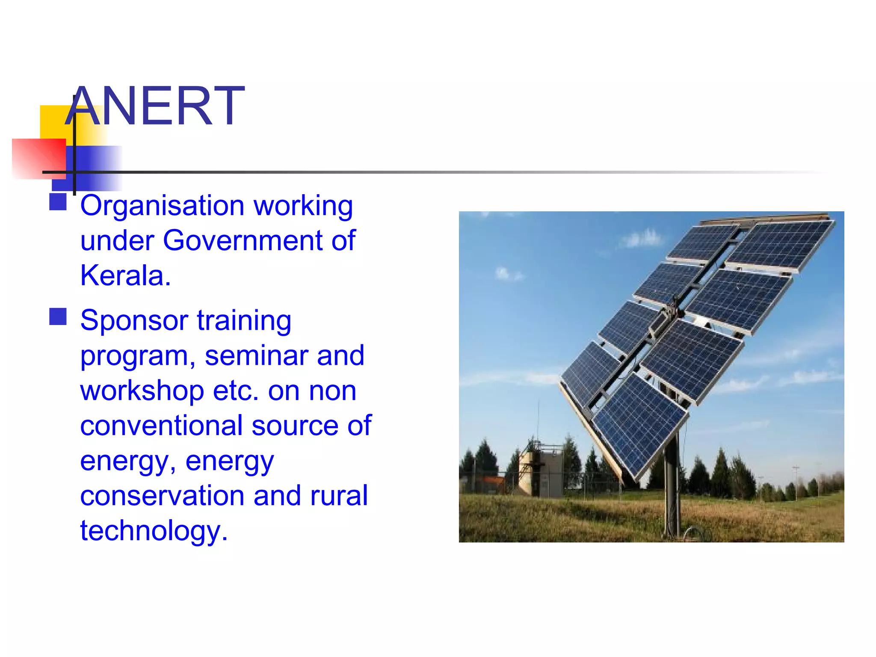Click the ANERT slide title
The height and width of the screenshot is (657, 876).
pos(155,106)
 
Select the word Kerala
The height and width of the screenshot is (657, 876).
pos(125,275)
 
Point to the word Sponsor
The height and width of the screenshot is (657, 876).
pos(134,320)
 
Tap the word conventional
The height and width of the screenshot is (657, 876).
pos(162,426)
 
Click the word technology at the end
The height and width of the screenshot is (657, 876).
pos(153,531)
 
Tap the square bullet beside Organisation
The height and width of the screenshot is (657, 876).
pos(58,202)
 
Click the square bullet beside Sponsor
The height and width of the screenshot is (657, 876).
pos(58,317)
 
